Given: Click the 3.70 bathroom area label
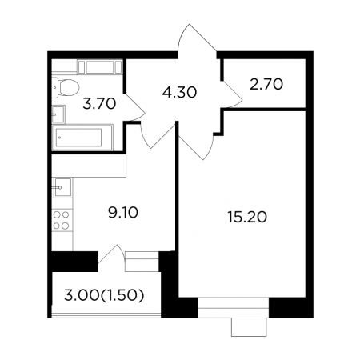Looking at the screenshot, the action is click(x=99, y=104).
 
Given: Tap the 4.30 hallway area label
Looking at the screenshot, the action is click(x=179, y=92).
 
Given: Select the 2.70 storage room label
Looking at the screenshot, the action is click(x=266, y=84).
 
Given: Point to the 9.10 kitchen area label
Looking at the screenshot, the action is click(x=123, y=213).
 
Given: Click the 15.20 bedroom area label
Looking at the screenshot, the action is click(x=247, y=217).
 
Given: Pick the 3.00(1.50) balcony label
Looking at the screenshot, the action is click(x=104, y=295).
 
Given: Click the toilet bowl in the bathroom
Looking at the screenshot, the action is click(x=70, y=87).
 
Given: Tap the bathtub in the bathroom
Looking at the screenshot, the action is click(x=82, y=138).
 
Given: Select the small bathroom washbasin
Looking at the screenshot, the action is click(x=58, y=114).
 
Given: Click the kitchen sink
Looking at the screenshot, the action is click(x=63, y=187).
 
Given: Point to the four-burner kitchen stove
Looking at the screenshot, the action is click(x=62, y=220).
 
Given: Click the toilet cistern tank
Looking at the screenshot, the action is click(x=55, y=87).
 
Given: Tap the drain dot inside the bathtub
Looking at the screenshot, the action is click(x=59, y=138).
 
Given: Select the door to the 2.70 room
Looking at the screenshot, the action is click(x=233, y=94).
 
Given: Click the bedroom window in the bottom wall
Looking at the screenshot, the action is click(x=234, y=307).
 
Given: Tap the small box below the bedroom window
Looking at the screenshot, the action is click(x=249, y=327).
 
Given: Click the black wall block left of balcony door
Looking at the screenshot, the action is click(x=74, y=262).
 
